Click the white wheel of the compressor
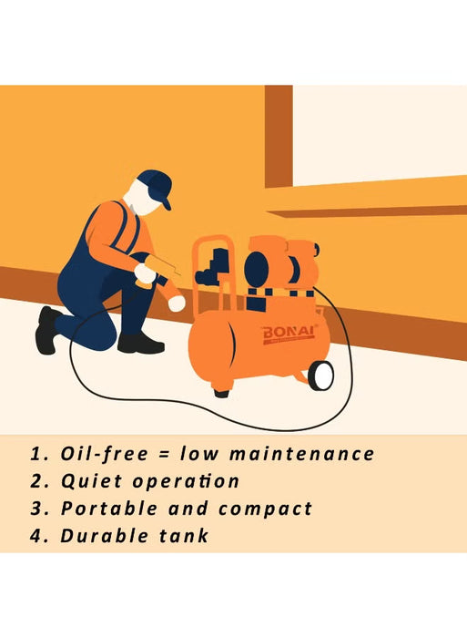coord(320,375)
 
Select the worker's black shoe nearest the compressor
coord(140,343)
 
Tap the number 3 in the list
coord(37,509)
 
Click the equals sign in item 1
coord(166,454)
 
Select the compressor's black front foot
coord(221,393)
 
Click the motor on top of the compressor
coord(273,266)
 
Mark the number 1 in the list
coord(36,454)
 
